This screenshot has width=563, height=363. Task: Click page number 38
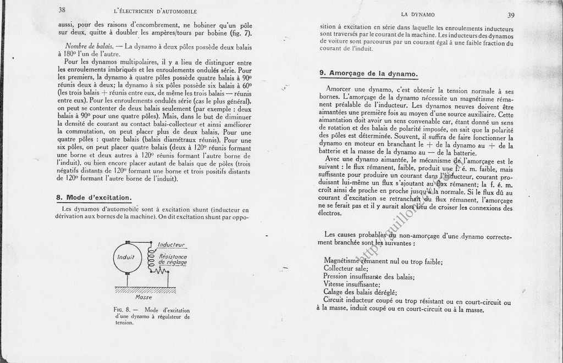62,10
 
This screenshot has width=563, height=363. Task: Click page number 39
511,15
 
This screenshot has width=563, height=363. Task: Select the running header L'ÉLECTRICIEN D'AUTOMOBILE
154,12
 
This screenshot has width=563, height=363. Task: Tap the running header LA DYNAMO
418,14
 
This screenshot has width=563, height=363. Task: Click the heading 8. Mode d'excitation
93,197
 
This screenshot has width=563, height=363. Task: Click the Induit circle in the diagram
126,257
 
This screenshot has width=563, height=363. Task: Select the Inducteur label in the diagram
170,244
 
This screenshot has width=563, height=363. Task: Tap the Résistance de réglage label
173,259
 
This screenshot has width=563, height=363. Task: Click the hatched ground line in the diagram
145,289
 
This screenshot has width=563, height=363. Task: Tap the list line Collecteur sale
345,269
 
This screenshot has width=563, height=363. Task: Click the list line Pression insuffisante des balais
368,277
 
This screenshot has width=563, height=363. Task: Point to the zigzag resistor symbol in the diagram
160,271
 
